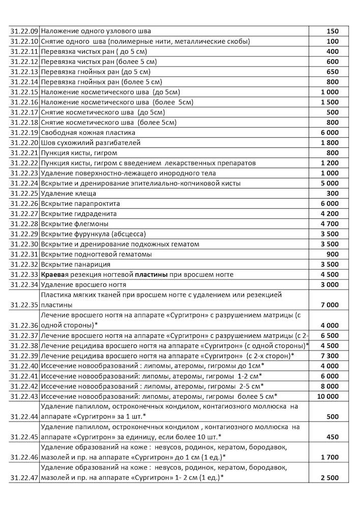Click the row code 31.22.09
[x=24, y=31]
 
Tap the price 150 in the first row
[x=333, y=31]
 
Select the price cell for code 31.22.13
[x=333, y=72]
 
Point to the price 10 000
[x=328, y=396]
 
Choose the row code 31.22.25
[x=24, y=194]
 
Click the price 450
[x=333, y=437]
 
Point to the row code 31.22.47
[x=24, y=478]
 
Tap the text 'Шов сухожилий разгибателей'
[x=91, y=143]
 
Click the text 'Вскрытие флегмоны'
[x=74, y=224]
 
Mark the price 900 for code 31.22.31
[x=333, y=255]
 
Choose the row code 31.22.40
[x=24, y=366]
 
